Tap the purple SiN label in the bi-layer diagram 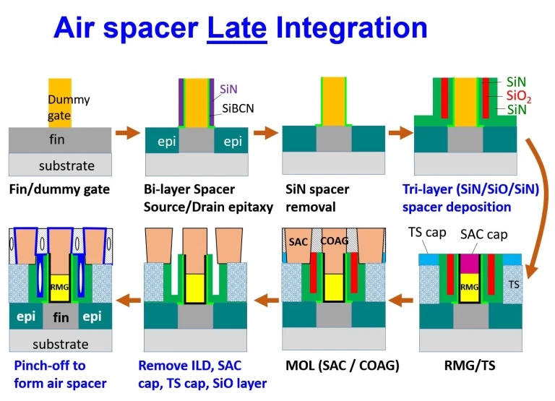228,89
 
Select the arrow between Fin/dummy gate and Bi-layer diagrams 129,132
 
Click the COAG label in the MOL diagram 335,241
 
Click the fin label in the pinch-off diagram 61,317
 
